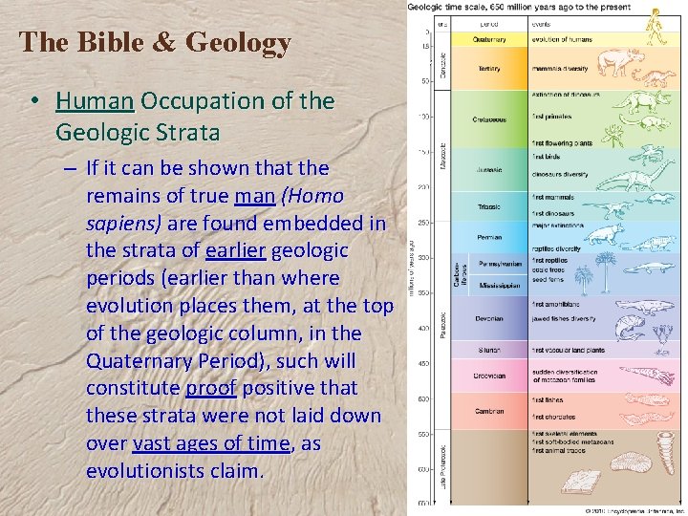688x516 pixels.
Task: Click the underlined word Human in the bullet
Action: pyautogui.click(x=96, y=101)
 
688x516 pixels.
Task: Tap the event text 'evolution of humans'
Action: pyautogui.click(x=563, y=39)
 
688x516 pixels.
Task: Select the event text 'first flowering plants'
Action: pyautogui.click(x=563, y=143)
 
